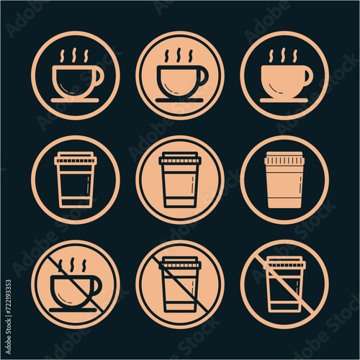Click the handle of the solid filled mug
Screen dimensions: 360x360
(x=308, y=73)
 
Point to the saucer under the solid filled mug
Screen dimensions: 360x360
(x=284, y=99)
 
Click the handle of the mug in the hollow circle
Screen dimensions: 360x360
(x=99, y=75)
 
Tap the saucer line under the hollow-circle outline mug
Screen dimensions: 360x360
(x=75, y=99)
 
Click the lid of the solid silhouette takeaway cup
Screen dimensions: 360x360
(x=284, y=158)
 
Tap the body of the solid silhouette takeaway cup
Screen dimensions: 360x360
(x=284, y=186)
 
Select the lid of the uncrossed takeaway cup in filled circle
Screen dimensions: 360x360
(x=180, y=158)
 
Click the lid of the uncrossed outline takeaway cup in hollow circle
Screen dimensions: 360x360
(x=75, y=158)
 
